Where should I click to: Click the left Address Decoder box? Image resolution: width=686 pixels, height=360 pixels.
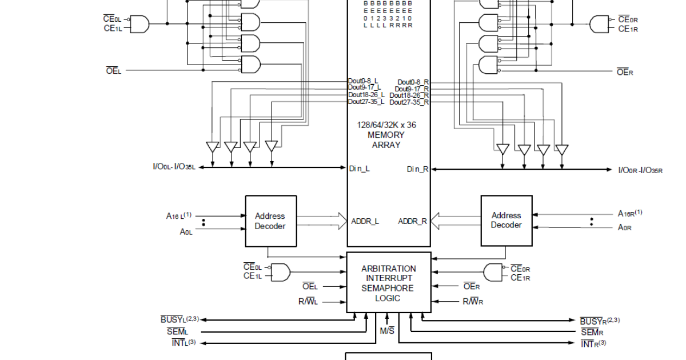[270, 221]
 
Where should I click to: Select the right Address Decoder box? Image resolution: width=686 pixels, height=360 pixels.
[506, 221]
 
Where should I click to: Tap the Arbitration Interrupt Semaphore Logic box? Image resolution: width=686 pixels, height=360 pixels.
[389, 283]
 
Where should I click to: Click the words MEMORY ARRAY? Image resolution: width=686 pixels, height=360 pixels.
[389, 140]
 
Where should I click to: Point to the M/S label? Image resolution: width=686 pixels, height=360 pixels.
[387, 331]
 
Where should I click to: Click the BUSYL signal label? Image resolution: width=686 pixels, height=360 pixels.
[179, 319]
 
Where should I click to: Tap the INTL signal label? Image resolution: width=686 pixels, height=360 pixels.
[184, 343]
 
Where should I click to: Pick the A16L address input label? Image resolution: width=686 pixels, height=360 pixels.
[178, 216]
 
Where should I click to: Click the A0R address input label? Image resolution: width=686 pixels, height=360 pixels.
[625, 227]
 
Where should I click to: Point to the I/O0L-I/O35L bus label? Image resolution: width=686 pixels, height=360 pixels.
[174, 167]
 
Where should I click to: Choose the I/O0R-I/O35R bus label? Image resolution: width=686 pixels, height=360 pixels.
[640, 170]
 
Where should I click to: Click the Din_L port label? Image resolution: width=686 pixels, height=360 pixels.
[360, 168]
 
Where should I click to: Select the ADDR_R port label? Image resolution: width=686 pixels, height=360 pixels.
[413, 221]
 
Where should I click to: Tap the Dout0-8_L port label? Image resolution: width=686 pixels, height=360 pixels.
[364, 81]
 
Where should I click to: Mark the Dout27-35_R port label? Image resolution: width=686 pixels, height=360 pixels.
[409, 102]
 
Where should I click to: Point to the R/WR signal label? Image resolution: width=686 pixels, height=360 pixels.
[472, 301]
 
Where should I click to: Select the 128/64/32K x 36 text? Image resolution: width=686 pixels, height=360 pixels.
[389, 125]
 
